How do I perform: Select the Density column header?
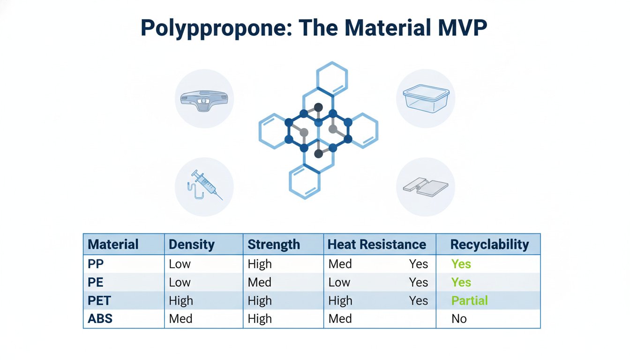point(191,244)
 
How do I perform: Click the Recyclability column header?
point(489,244)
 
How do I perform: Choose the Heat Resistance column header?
point(376,244)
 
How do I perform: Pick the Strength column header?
point(274,244)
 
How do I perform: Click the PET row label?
point(101,300)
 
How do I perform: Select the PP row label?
point(96,264)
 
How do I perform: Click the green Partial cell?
point(469,300)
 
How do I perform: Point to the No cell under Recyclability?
point(459,319)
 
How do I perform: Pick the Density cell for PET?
point(180,300)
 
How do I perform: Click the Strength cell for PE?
point(259,282)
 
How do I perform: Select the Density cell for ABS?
point(180,319)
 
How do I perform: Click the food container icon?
point(426,98)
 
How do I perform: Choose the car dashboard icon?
point(204,99)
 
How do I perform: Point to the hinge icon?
point(426,187)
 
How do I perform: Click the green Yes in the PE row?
point(461,282)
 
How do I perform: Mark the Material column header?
point(113,244)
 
